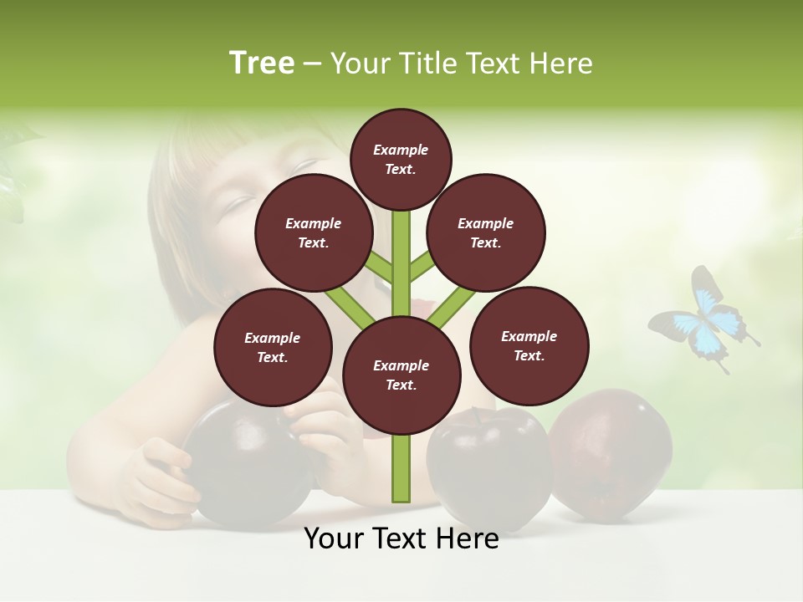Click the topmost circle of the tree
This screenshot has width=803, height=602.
point(401,159)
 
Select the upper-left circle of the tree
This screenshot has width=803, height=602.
point(313,233)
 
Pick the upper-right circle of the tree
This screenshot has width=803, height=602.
point(486,233)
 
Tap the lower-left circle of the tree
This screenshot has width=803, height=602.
point(273,347)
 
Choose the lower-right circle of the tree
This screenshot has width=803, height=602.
point(529,345)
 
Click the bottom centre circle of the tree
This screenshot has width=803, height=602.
point(401,375)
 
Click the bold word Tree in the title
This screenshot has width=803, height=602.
point(262,63)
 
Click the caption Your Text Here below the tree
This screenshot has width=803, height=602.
point(401,538)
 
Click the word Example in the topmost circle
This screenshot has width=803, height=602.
point(401,150)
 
